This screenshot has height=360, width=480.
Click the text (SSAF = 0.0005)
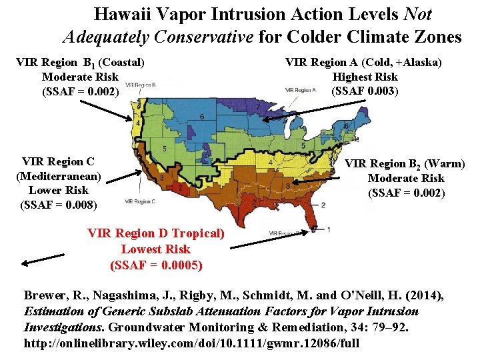pyautogui.click(x=156, y=265)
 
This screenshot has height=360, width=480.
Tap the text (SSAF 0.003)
pyautogui.click(x=364, y=91)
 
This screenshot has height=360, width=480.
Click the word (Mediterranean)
pyautogui.click(x=59, y=176)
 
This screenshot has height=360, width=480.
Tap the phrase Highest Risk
pyautogui.click(x=364, y=77)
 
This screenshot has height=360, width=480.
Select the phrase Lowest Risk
pyautogui.click(x=155, y=249)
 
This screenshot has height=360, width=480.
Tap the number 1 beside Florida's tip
pyautogui.click(x=329, y=229)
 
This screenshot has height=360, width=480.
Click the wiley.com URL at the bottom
pyautogui.click(x=191, y=343)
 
